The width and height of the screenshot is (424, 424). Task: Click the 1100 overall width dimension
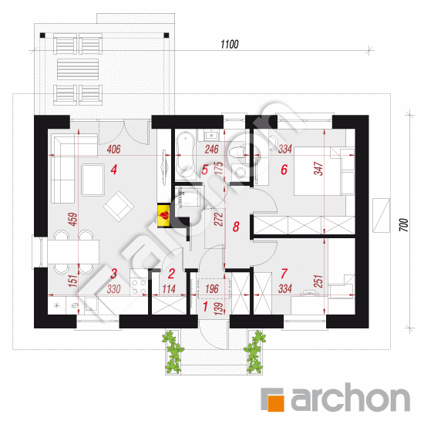click(230, 44)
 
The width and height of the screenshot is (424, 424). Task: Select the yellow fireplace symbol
click(163, 216)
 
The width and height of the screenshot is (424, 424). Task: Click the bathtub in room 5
click(186, 154)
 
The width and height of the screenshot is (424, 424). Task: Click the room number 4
click(114, 170)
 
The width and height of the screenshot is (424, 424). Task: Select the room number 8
click(236, 227)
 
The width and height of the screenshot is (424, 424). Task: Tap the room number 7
click(284, 274)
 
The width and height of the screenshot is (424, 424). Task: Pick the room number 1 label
click(205, 307)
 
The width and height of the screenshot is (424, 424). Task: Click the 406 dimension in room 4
click(113, 150)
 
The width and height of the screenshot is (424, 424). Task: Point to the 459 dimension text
click(73, 219)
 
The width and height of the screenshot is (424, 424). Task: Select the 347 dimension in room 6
click(318, 169)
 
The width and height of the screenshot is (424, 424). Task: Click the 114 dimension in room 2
click(169, 289)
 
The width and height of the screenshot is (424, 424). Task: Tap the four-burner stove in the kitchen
click(139, 287)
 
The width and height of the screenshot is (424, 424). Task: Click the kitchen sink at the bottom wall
click(92, 305)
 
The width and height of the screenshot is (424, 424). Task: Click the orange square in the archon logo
click(275, 403)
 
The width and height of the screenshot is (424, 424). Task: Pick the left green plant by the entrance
click(173, 352)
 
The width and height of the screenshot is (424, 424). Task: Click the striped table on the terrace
click(78, 69)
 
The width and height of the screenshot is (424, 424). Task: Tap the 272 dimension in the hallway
click(219, 219)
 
